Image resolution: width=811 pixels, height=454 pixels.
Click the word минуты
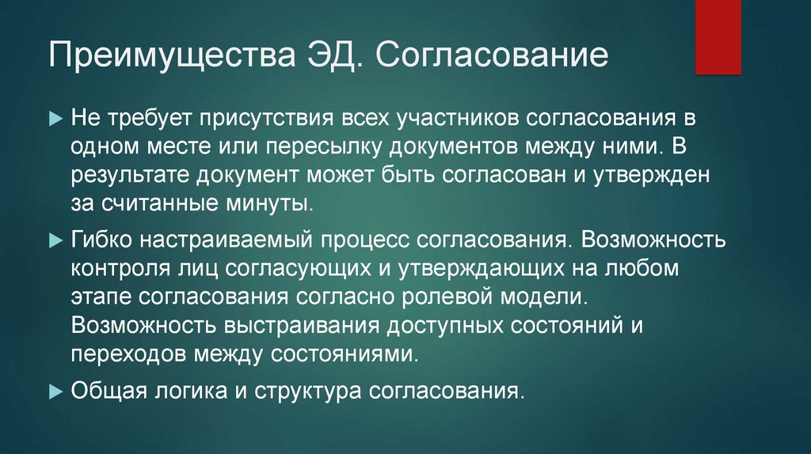268,204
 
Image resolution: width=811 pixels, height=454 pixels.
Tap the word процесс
365,238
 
